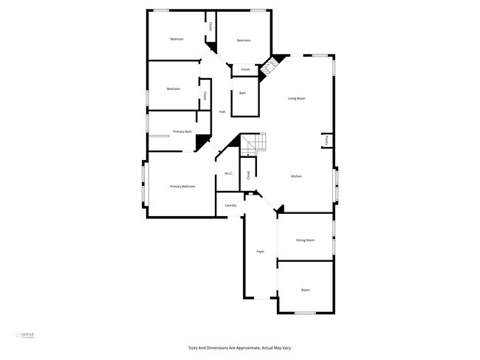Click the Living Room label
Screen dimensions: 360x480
click(x=297, y=98)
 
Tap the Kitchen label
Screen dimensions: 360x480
click(x=296, y=176)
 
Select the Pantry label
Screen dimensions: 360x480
click(x=325, y=139)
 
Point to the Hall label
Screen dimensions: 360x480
click(x=222, y=112)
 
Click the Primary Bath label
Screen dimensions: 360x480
click(x=182, y=131)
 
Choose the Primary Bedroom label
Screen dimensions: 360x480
click(x=182, y=187)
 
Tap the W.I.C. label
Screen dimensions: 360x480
click(x=229, y=173)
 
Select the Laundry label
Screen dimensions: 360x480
click(x=230, y=205)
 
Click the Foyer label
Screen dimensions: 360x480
click(x=260, y=252)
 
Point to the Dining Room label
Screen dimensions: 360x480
click(x=306, y=240)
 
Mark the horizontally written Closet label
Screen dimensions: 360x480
click(x=245, y=69)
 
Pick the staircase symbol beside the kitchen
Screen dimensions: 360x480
click(x=255, y=142)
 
